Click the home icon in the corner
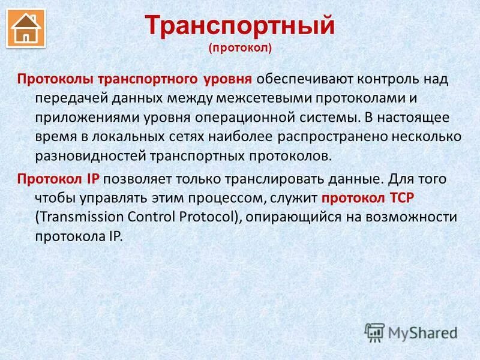pyautogui.click(x=26, y=28)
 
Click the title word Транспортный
pyautogui.click(x=240, y=26)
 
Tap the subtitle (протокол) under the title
pyautogui.click(x=240, y=47)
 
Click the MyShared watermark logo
pyautogui.click(x=412, y=332)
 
